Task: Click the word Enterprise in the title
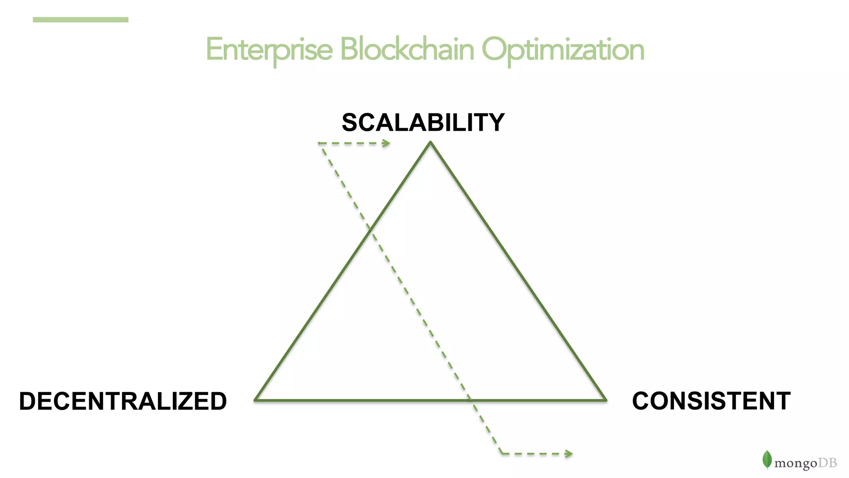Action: (x=269, y=50)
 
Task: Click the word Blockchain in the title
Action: (x=407, y=50)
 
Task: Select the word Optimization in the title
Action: (x=563, y=50)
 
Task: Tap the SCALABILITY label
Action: (x=423, y=122)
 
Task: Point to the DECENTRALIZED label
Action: (x=123, y=401)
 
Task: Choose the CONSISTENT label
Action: (x=711, y=401)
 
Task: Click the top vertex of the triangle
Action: (x=431, y=142)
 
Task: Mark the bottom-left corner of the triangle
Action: (x=255, y=400)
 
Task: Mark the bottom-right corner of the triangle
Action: (x=606, y=400)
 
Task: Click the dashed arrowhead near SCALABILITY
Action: (x=387, y=144)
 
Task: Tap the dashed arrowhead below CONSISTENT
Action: (x=569, y=454)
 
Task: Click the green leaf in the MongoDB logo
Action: (x=767, y=459)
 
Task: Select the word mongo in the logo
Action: (x=796, y=463)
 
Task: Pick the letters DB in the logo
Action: (x=827, y=462)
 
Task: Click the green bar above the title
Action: (x=80, y=20)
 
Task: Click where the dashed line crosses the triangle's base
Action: (x=470, y=400)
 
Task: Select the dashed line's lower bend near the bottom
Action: (x=502, y=454)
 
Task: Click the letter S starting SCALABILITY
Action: (x=350, y=122)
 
